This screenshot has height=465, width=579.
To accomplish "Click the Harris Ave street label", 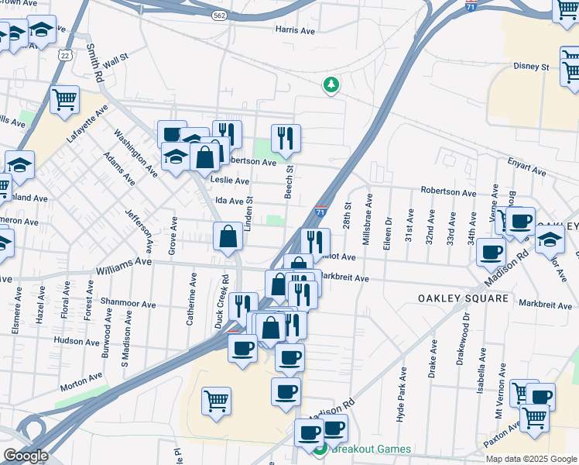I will point(296,30).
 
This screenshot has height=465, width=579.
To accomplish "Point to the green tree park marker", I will point(331,84).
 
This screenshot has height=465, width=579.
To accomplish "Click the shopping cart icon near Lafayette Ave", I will point(65,99).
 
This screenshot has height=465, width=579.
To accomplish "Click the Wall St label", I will point(115,59).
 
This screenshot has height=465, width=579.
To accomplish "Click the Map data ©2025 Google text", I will point(530,459).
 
